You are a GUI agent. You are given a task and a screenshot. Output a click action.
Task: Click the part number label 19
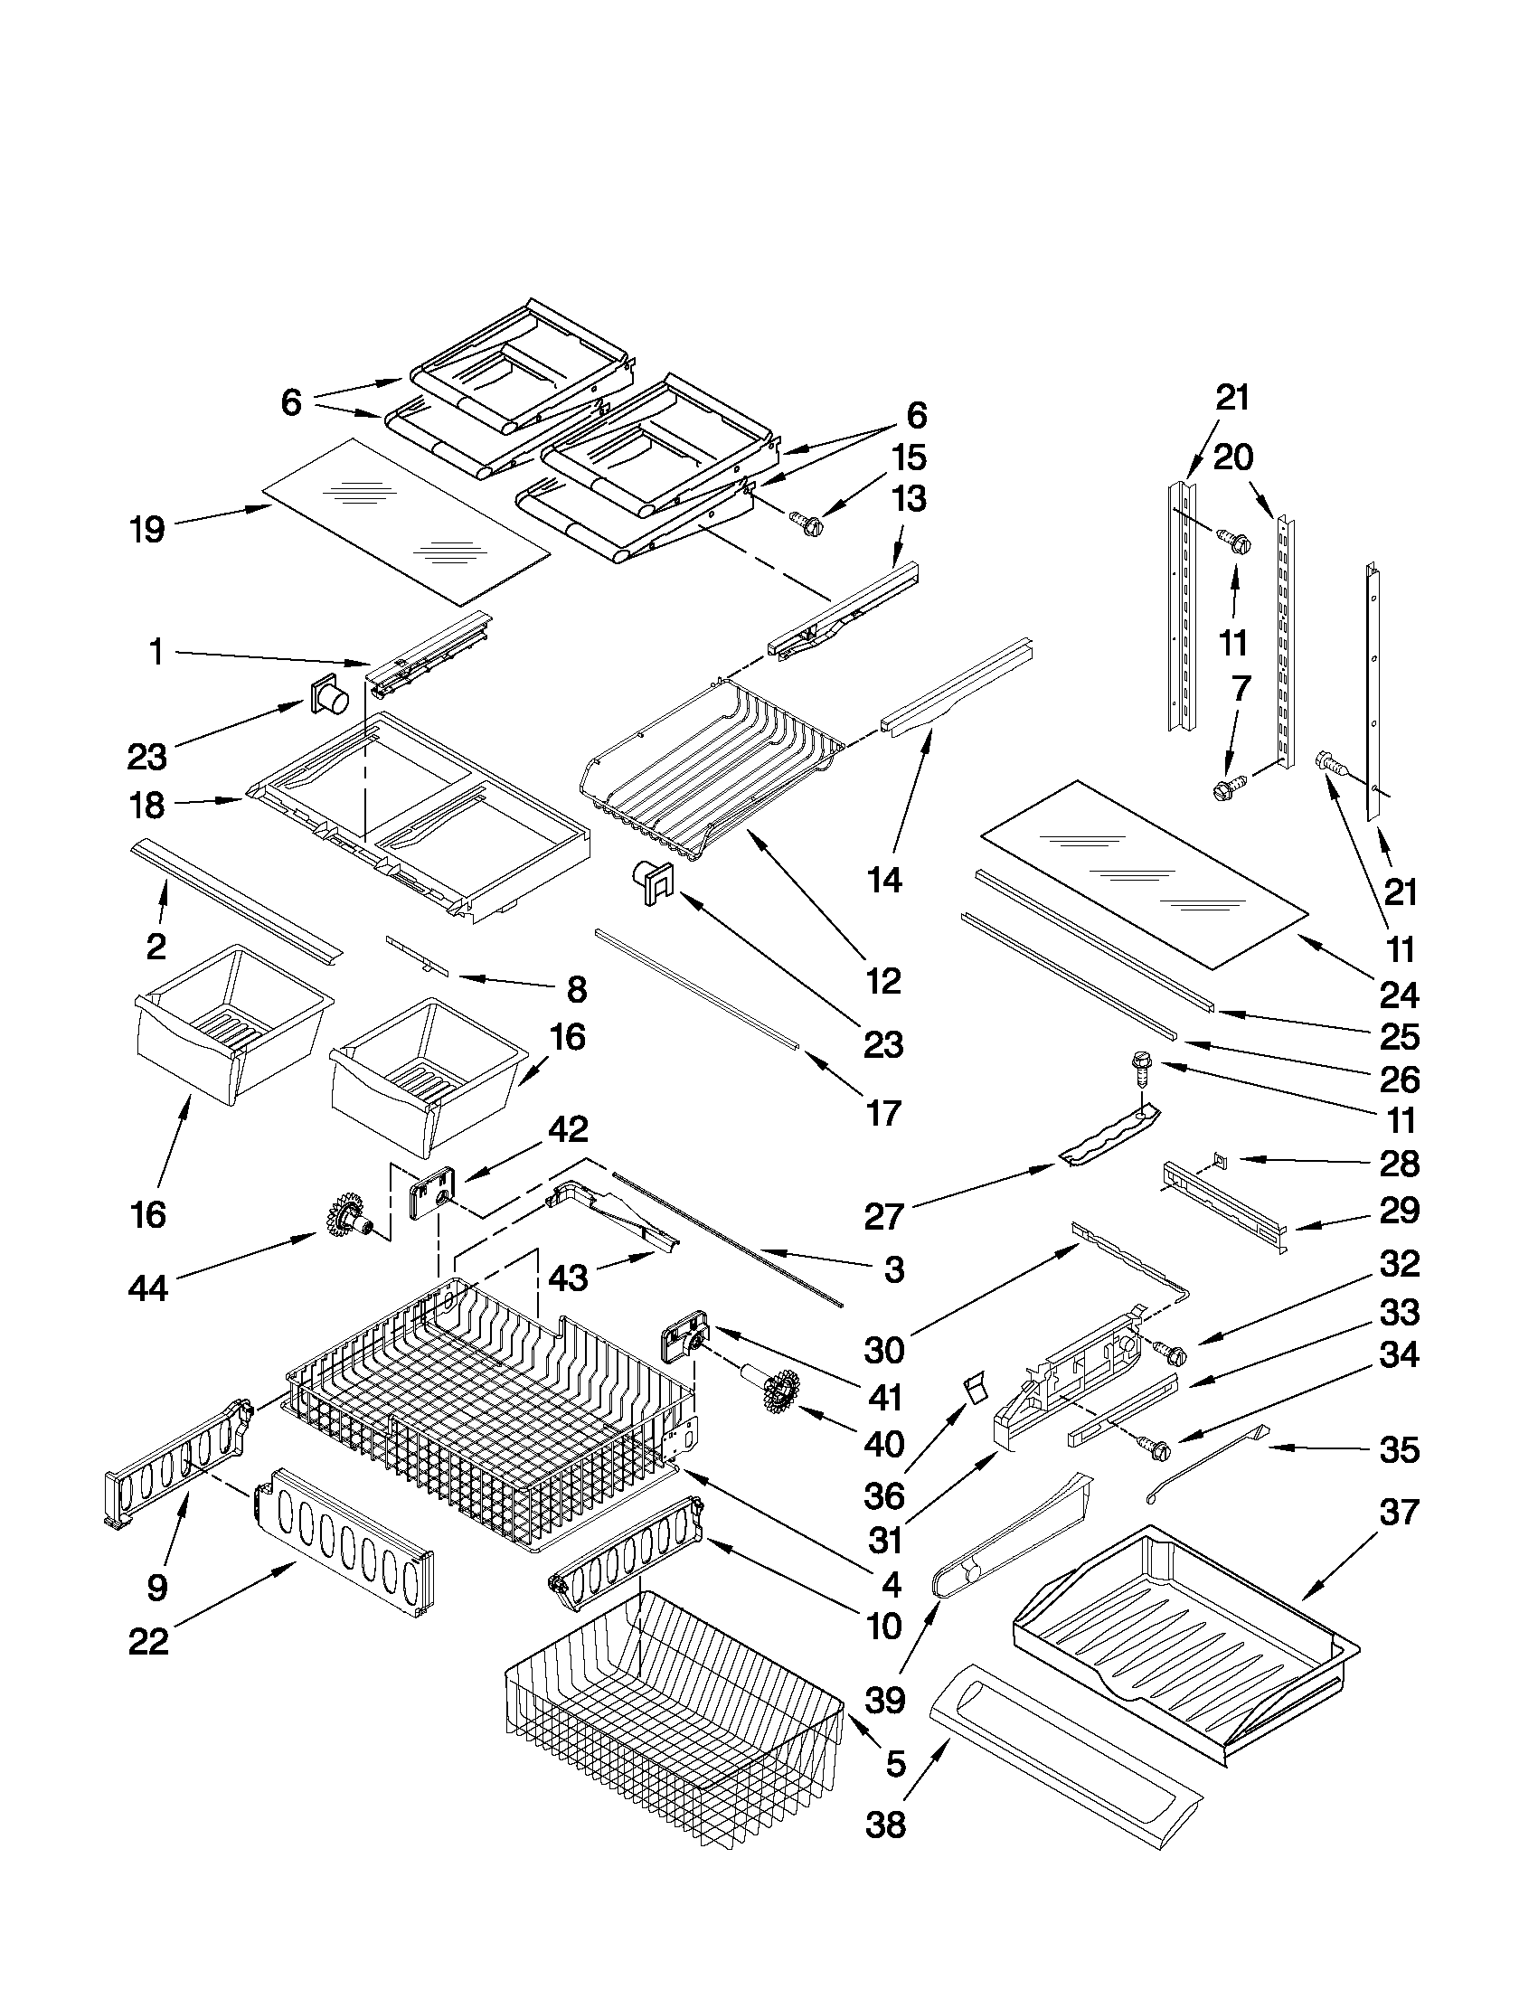click(146, 529)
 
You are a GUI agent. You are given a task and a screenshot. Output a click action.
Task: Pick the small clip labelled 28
click(1219, 1159)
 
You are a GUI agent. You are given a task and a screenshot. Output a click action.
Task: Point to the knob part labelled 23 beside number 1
click(330, 701)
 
